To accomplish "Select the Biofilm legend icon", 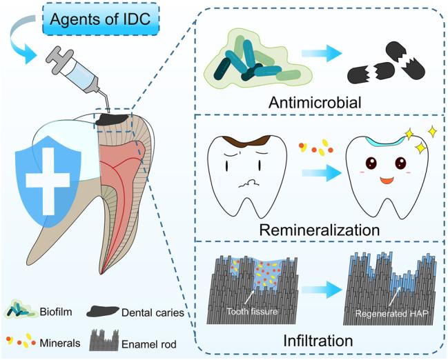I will [x=24, y=311].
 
